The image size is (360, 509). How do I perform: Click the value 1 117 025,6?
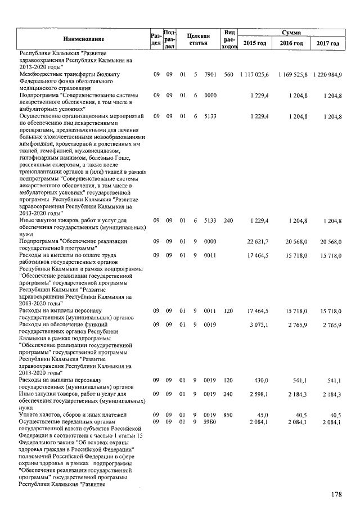255,75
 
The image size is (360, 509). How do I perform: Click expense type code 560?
228,75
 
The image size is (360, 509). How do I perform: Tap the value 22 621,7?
258,241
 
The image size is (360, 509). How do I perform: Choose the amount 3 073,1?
260,325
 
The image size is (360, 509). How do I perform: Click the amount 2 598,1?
260,394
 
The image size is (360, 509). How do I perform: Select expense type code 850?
228,415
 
